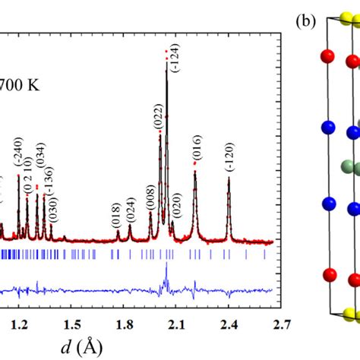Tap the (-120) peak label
coord(229,158)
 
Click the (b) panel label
coord(307,21)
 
